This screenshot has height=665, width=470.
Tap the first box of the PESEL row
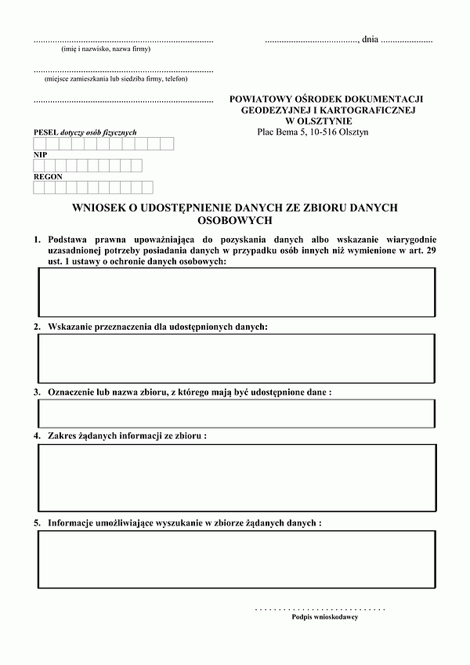(39, 143)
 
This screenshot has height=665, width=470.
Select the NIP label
(40, 155)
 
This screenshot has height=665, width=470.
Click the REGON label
(48, 177)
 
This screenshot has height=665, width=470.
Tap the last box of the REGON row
(146, 188)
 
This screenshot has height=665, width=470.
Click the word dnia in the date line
(370, 38)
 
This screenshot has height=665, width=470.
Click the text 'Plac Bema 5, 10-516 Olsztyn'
(313, 132)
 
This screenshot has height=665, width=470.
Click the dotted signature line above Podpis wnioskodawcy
(320, 608)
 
